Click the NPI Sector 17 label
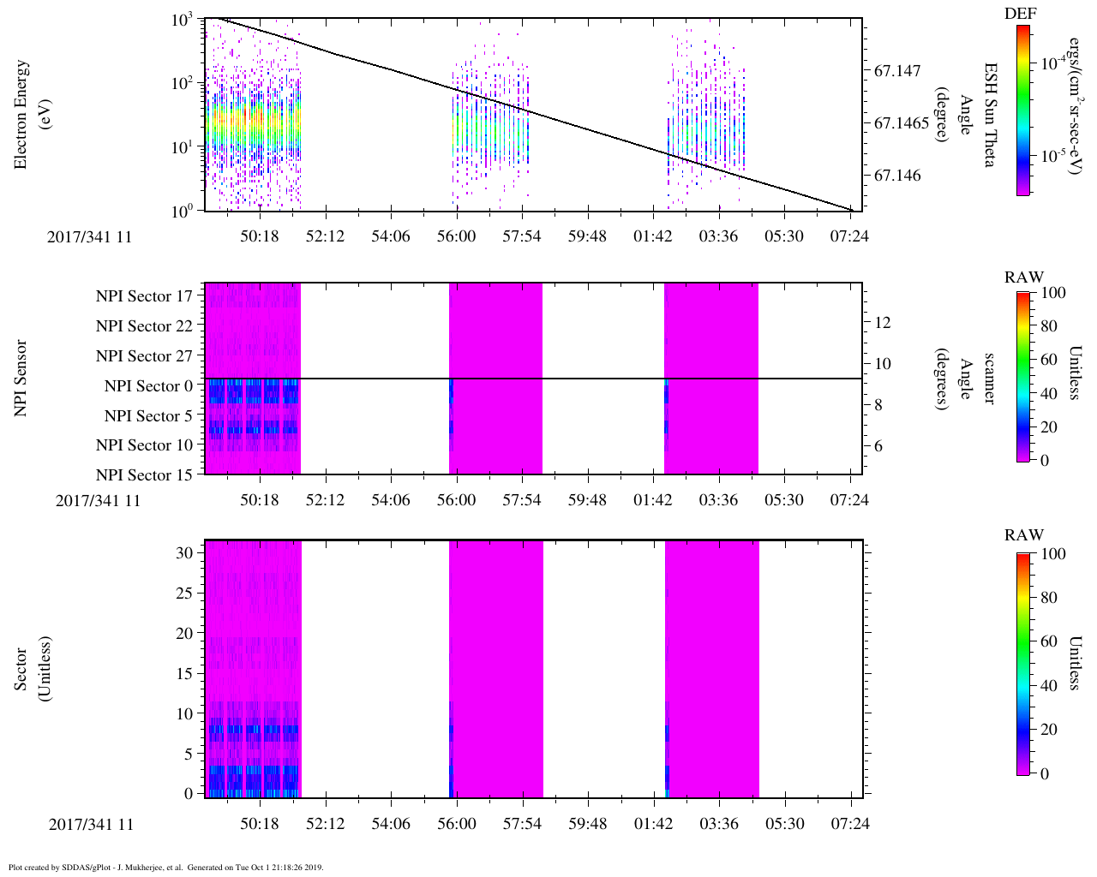tap(145, 296)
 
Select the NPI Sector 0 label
tap(149, 386)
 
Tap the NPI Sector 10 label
tap(145, 445)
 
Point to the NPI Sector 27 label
tap(145, 356)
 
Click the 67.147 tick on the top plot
tap(897, 70)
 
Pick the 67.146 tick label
tap(897, 176)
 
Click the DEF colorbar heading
tap(1020, 15)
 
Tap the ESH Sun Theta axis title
tap(989, 114)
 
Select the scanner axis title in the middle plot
tap(989, 379)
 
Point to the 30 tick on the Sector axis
tap(184, 553)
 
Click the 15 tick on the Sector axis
tap(184, 673)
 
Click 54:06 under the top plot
tap(390, 236)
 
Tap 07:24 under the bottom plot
tap(850, 824)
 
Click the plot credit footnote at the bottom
tap(165, 868)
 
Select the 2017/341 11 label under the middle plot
tap(98, 501)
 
